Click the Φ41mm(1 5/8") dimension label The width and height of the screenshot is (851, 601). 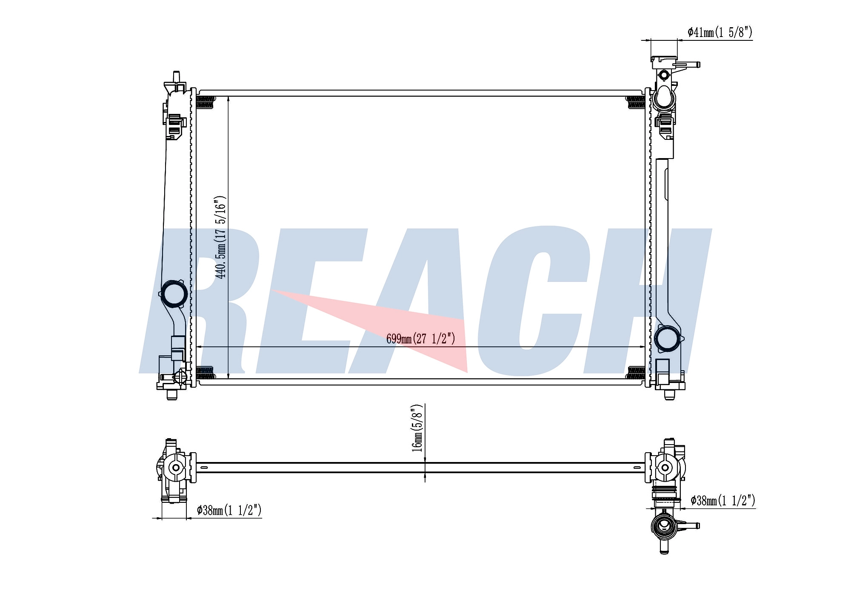point(720,32)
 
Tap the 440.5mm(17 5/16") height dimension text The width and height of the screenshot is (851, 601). point(220,238)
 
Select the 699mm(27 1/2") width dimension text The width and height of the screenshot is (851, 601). point(421,338)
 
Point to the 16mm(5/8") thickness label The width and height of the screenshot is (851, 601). point(417,428)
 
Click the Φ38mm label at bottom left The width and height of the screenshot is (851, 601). point(229,510)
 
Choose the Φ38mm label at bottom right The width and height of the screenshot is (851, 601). point(723,501)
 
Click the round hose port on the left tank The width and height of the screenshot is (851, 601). point(174,294)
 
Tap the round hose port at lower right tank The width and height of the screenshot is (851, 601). point(667,339)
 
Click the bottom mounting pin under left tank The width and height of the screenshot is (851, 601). point(172,395)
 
